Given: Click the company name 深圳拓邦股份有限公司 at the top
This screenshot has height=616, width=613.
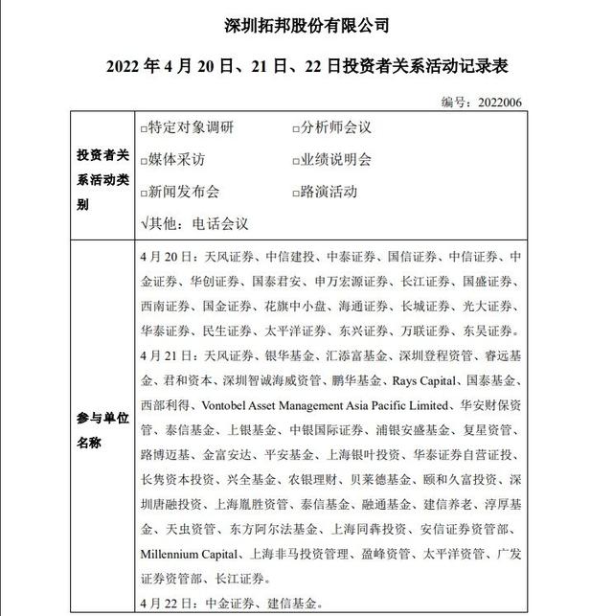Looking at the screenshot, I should (306, 24).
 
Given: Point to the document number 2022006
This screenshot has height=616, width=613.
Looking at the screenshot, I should (499, 103).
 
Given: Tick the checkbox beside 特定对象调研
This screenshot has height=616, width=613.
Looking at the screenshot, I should (144, 127).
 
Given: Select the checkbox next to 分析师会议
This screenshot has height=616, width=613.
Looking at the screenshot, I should (296, 127).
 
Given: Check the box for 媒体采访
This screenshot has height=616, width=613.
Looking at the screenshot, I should (144, 160).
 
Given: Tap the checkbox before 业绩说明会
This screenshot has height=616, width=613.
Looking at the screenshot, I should (296, 160).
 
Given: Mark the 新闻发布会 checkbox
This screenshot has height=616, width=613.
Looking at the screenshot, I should (144, 192).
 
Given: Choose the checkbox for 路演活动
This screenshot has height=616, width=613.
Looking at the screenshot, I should (296, 192).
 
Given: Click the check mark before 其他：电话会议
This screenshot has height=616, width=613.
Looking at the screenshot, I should (144, 223).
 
